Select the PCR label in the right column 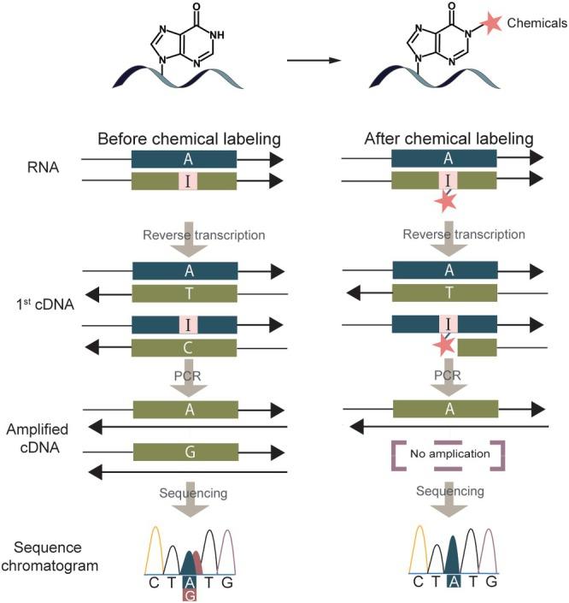click(443, 375)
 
